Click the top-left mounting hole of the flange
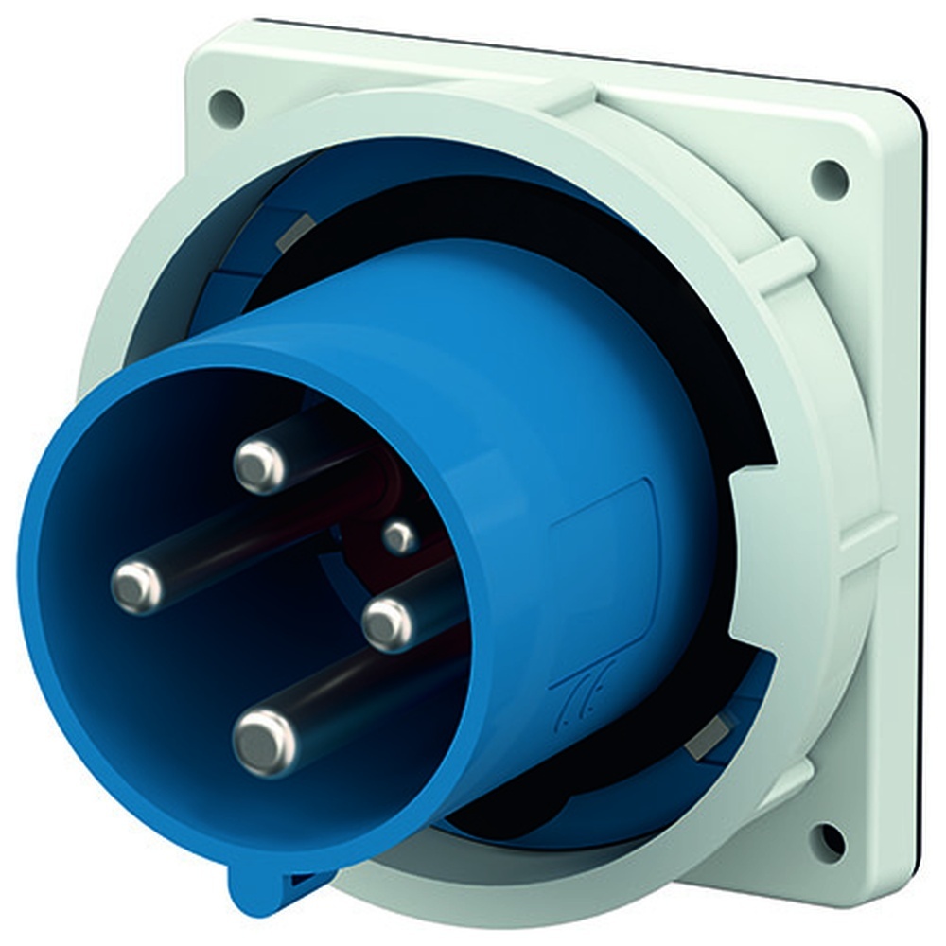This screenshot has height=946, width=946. pyautogui.click(x=227, y=108)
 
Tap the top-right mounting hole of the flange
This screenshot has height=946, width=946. pyautogui.click(x=829, y=179)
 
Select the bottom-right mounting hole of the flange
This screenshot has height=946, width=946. pyautogui.click(x=827, y=840)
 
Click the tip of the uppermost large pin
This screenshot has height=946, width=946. pyautogui.click(x=259, y=464)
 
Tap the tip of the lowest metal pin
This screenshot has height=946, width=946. pyautogui.click(x=264, y=741)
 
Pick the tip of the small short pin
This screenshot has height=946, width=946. pyautogui.click(x=400, y=538)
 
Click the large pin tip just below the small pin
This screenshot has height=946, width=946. pyautogui.click(x=388, y=624)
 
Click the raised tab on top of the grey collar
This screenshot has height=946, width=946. pyautogui.click(x=568, y=95)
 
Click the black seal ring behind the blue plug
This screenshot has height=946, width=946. pyautogui.click(x=653, y=274)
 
